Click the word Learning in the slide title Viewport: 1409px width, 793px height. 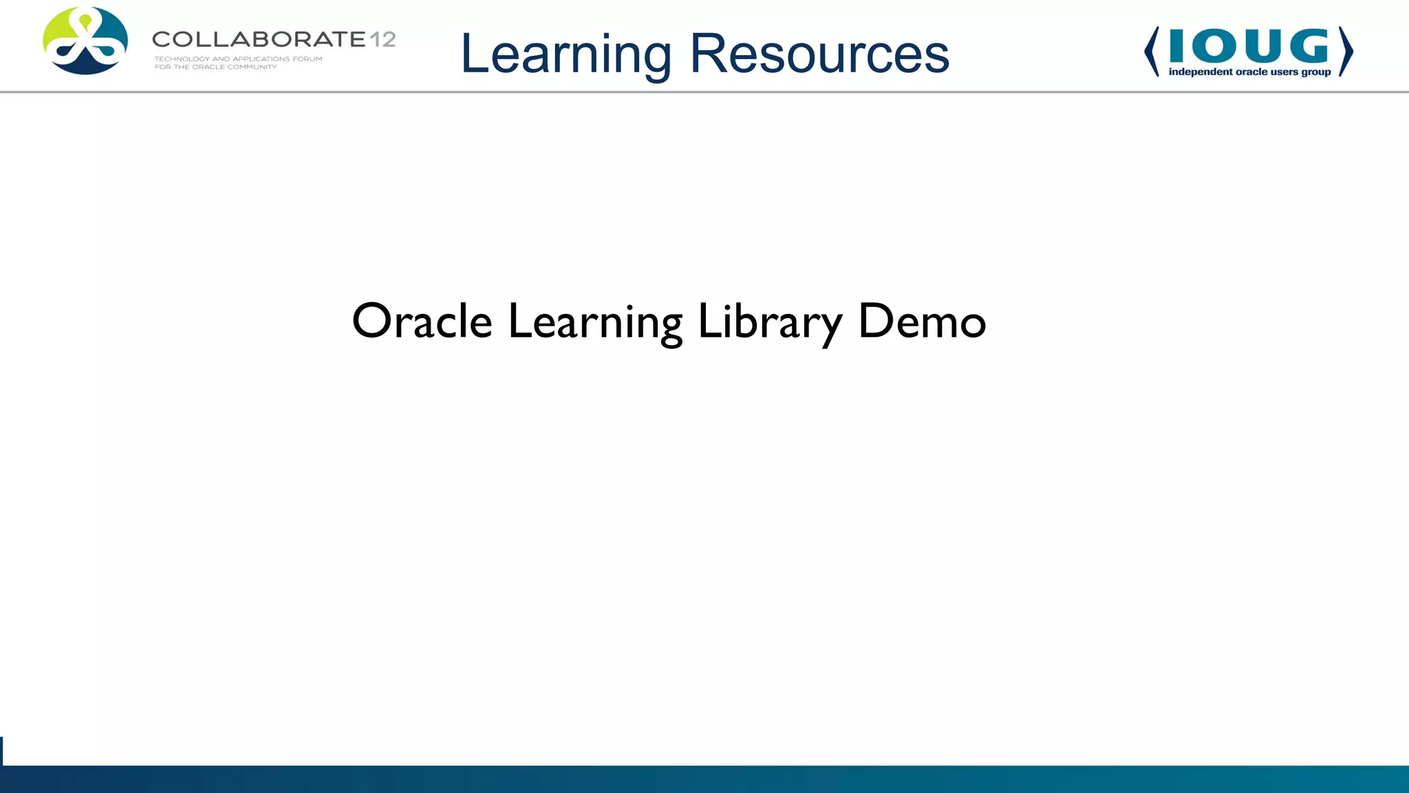coord(566,55)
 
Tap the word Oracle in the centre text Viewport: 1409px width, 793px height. coord(422,321)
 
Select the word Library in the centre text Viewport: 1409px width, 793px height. coord(769,321)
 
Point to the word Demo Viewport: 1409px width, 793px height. coord(922,321)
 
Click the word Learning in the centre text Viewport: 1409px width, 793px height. coord(595,321)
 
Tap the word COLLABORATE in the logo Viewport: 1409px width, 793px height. coord(259,39)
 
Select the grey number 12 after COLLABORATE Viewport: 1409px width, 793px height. coord(383,39)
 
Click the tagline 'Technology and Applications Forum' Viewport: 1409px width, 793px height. coord(238,59)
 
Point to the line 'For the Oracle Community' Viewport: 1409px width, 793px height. coord(215,67)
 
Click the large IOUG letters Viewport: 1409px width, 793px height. coord(1248,46)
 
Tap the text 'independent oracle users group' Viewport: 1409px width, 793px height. coord(1249,72)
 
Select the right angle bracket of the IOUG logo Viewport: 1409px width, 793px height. coord(1346,52)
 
